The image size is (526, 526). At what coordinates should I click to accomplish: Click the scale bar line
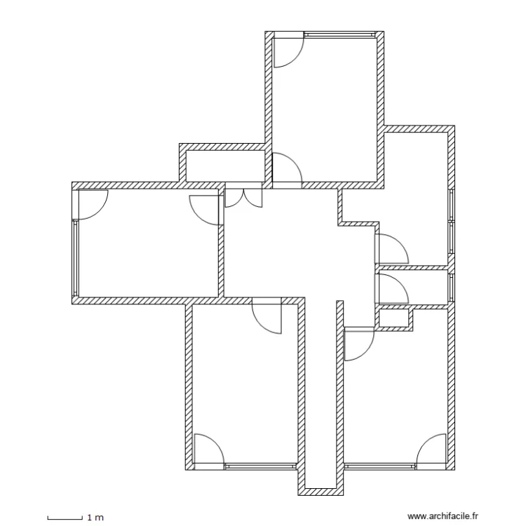point(65,518)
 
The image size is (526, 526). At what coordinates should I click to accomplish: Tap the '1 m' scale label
point(95,518)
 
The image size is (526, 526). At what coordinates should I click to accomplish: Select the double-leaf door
point(243,197)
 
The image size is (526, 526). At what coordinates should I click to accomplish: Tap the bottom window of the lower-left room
point(260,464)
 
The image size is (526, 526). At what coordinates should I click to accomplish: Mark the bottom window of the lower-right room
point(379,464)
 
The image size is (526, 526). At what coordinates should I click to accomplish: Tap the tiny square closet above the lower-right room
point(393,318)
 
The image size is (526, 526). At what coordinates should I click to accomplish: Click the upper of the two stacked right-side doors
point(391,248)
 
